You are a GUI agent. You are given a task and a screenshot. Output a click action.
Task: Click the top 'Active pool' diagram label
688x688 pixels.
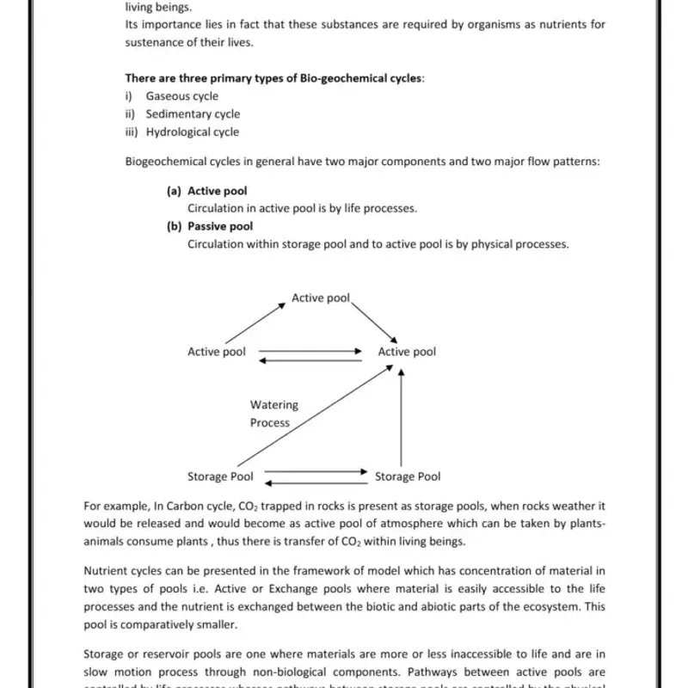coord(321,298)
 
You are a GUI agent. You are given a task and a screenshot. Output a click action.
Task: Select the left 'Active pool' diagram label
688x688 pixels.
coord(217,352)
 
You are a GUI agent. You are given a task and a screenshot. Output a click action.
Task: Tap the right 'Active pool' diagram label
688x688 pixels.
coord(407,352)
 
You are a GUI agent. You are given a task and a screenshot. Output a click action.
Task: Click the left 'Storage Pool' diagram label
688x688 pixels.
coord(220,476)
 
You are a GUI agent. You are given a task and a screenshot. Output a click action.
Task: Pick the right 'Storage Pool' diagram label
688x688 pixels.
coord(408,476)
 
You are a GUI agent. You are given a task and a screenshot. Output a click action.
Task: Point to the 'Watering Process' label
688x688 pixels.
coord(273,414)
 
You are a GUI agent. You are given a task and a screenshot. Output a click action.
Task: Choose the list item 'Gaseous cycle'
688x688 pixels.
coord(181,96)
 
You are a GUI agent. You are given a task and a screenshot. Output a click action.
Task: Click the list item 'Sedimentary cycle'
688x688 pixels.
coord(193,114)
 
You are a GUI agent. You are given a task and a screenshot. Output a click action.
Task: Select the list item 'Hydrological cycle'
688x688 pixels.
coord(192,132)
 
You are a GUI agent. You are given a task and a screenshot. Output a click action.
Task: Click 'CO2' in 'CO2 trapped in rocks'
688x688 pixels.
coord(243,507)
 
